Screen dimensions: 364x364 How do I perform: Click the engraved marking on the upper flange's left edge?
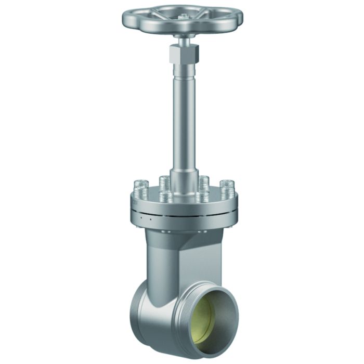(x=134, y=201)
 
